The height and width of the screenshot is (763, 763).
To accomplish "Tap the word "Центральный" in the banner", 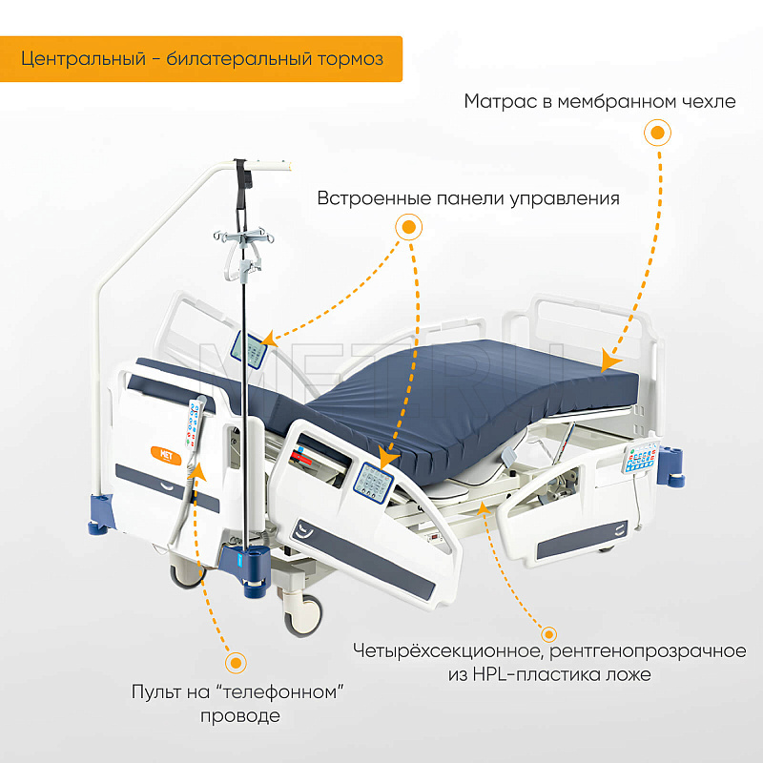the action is coord(83,59).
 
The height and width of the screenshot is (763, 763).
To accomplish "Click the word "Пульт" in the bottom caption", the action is coord(155,692).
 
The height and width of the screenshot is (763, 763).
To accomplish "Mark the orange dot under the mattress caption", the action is coord(657,133).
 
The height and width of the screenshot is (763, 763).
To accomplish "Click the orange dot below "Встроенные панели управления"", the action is coord(409,227).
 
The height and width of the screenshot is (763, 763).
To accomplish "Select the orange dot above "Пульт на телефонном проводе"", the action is coord(236,663).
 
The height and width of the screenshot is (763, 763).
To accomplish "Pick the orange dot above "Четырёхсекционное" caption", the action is coord(549,634).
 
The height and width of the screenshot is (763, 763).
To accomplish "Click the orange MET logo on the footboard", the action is coord(166,456).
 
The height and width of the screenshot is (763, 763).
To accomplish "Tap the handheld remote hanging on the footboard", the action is coord(196,422).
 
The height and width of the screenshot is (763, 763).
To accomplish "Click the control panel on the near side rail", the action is coord(373,482).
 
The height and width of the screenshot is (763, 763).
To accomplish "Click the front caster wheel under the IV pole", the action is coord(303,615).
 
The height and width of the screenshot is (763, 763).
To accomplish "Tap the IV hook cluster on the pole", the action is coord(243,237).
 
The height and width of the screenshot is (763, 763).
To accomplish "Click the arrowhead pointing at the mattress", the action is coord(609,361).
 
